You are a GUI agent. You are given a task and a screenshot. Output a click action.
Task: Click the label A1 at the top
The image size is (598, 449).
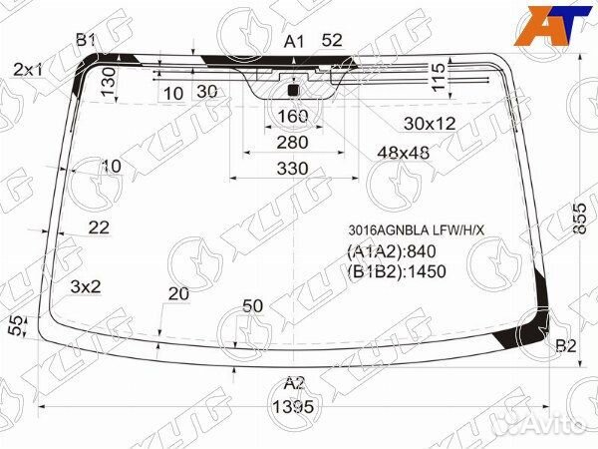(x=293, y=41)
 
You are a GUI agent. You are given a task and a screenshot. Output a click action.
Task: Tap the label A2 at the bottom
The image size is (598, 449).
(x=293, y=383)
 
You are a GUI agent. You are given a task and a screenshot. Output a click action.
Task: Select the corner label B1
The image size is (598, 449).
(x=86, y=40)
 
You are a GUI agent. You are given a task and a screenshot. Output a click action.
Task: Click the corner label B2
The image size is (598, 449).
(x=565, y=346)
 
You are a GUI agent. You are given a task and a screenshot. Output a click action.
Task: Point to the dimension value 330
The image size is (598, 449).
(x=292, y=169)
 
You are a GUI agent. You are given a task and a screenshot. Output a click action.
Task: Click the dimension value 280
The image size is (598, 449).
(x=292, y=142)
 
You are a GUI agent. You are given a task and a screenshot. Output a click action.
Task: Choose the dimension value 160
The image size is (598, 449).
(x=292, y=116)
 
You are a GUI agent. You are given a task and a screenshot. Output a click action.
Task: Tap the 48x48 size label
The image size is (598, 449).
(x=403, y=152)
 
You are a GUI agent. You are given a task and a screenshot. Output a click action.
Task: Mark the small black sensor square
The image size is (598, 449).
(x=293, y=91)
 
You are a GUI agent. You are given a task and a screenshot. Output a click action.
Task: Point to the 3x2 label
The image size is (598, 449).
(x=86, y=287)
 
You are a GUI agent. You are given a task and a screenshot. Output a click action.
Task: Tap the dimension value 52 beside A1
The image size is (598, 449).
(x=332, y=41)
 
